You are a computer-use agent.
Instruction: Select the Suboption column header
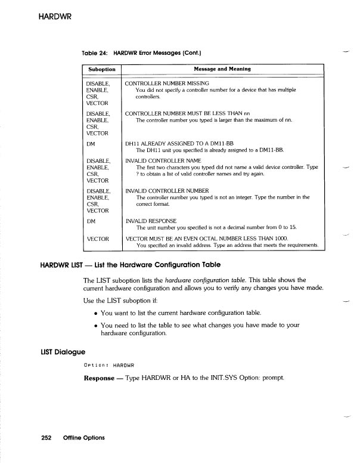point(101,70)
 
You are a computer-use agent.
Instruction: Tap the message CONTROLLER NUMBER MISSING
point(167,83)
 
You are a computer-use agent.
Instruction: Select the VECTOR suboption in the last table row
point(98,239)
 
